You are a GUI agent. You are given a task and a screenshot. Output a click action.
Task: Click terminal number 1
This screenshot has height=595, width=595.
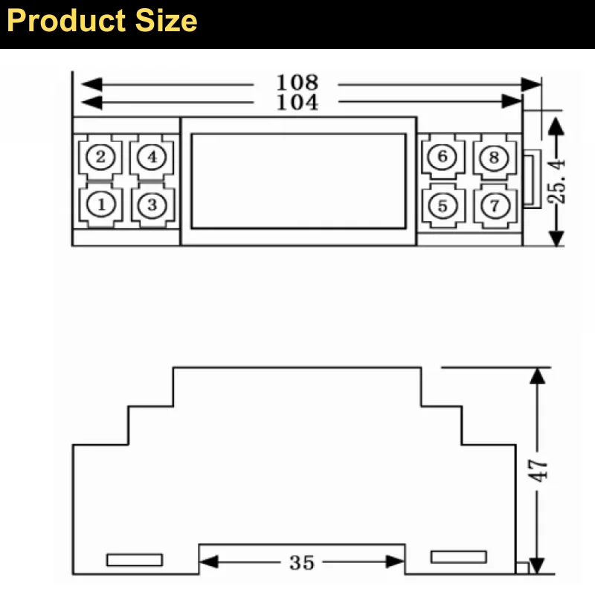[x=101, y=205]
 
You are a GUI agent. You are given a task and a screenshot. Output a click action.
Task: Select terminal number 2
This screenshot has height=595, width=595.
[x=100, y=156]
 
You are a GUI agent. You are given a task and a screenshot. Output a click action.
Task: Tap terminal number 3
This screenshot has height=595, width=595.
[x=152, y=205]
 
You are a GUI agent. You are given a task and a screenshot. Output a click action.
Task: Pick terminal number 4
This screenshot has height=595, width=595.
[x=152, y=156]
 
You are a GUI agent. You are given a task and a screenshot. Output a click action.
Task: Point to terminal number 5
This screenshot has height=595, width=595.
[x=443, y=206]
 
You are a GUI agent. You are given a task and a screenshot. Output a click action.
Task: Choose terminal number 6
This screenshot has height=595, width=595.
[x=443, y=156]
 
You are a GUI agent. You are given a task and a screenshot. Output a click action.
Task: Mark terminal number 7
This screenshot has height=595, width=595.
[x=495, y=206]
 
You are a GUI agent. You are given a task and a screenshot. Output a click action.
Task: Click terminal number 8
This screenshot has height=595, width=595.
[x=494, y=157]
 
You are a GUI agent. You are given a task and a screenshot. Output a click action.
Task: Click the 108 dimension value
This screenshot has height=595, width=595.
[x=297, y=83]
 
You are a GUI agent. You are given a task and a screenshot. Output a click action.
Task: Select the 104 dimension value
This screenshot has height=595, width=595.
[x=297, y=102]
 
